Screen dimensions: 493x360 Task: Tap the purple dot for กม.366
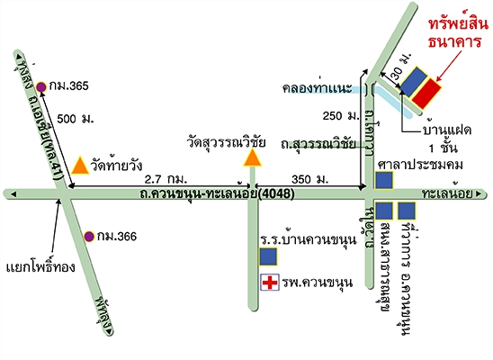[x=89, y=237]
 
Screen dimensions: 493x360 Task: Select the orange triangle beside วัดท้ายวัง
[x=79, y=166]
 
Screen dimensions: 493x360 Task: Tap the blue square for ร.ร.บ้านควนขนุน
[x=268, y=257]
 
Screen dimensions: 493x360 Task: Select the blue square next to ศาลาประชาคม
[x=384, y=180]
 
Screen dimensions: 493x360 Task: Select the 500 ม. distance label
[x=74, y=119]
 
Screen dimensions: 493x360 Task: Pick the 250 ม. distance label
[x=339, y=116]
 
